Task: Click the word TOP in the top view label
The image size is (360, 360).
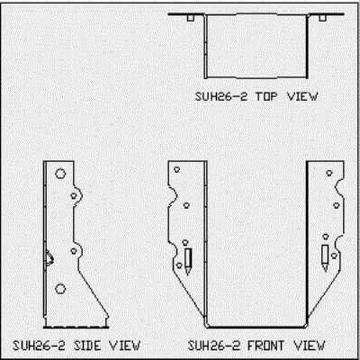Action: coord(266,96)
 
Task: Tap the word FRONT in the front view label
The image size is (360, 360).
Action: coord(265,346)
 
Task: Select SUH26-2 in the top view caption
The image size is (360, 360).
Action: coord(221,96)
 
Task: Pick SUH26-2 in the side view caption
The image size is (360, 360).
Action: coord(39,346)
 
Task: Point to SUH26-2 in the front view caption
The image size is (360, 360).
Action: coord(214,346)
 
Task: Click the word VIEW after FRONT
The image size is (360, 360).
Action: coord(310,346)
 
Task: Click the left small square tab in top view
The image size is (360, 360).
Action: coord(191,18)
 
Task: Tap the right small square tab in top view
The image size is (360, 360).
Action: coord(322,18)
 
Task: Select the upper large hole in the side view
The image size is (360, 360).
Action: coord(60,174)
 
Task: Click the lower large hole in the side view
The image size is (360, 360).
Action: coord(60,289)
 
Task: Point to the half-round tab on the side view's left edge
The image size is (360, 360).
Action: coord(49,258)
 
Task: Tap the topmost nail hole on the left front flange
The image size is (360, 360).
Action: coord(177,169)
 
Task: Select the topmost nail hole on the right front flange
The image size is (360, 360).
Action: coord(329,173)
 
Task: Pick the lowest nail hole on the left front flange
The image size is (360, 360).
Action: coord(179,265)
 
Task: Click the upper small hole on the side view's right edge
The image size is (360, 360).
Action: coord(74,196)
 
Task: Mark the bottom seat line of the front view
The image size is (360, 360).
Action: coord(256,327)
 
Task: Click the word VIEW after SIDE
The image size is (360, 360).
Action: coord(124,346)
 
